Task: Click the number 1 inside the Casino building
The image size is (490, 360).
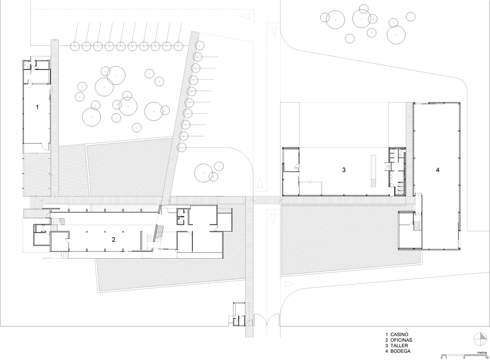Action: (37, 107)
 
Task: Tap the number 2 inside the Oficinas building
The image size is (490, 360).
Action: (114, 240)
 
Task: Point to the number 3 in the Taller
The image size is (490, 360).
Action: (344, 170)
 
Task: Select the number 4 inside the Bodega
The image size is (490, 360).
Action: (437, 170)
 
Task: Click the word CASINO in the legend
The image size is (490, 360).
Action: (400, 334)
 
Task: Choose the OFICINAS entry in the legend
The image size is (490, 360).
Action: (401, 340)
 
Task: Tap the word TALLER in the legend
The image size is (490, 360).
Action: (399, 346)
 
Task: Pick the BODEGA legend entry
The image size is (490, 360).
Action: (401, 351)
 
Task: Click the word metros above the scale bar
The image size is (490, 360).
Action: (482, 352)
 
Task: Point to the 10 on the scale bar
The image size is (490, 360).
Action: (486, 358)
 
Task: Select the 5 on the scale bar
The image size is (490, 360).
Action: (464, 358)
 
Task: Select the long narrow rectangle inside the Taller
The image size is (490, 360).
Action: (373, 171)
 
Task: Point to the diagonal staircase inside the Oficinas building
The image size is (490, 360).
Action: (158, 234)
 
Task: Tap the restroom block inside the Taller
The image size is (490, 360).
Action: (397, 172)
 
